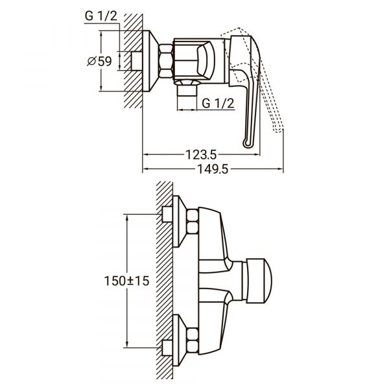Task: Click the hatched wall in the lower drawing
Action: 164,279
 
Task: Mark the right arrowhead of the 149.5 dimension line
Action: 280,170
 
